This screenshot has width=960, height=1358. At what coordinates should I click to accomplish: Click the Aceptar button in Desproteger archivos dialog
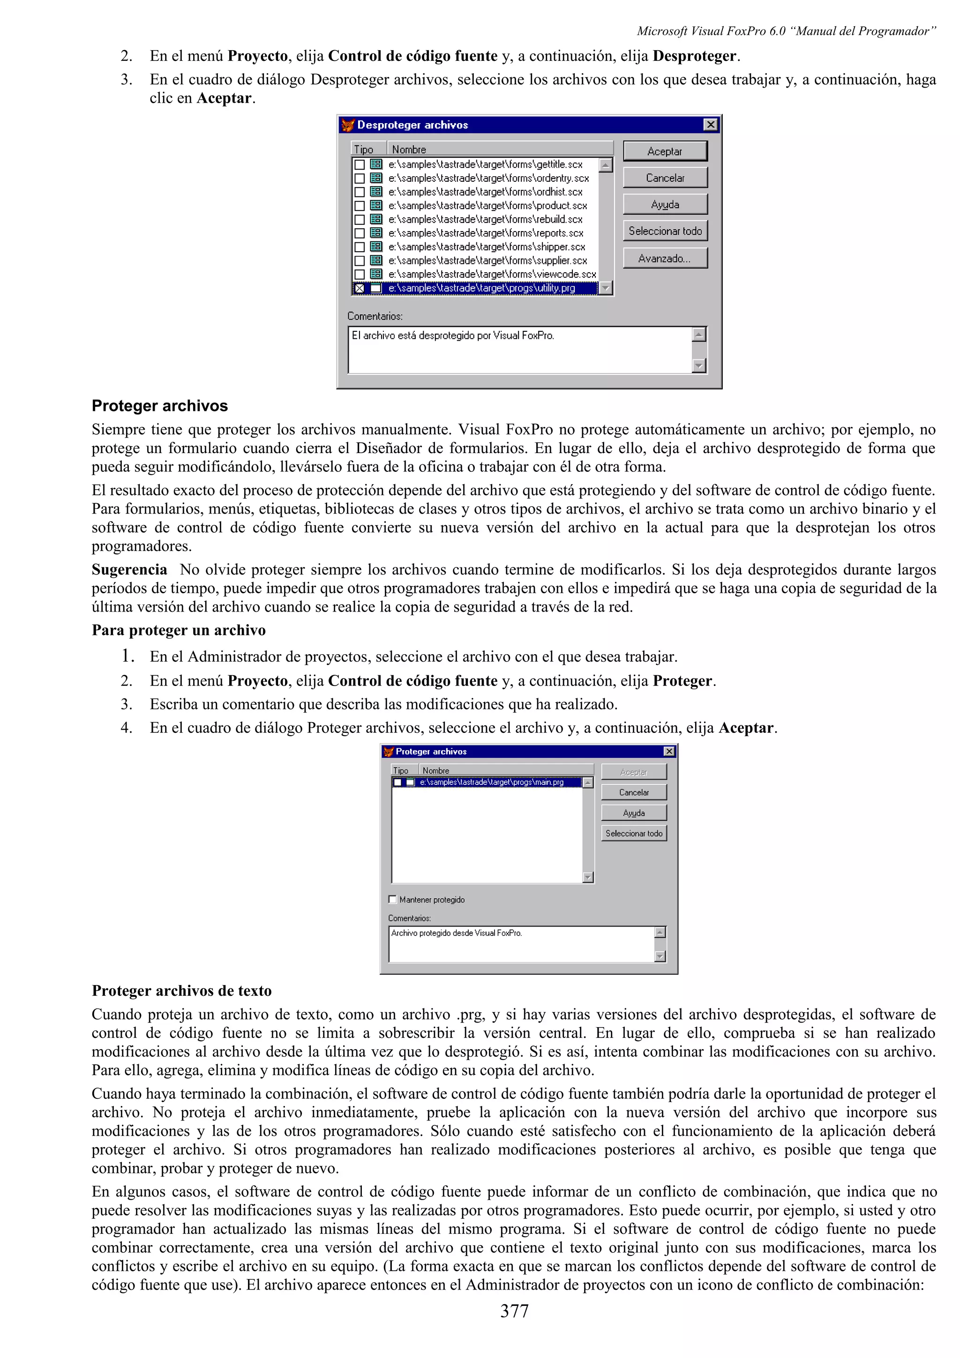tap(665, 151)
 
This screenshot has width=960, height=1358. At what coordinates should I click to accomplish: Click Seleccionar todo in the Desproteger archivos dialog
tap(665, 231)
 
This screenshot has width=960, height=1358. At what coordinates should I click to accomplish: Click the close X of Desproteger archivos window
tap(710, 125)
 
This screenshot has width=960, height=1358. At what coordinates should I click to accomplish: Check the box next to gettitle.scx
tap(359, 164)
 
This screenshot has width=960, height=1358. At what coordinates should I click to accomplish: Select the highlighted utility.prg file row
tap(481, 288)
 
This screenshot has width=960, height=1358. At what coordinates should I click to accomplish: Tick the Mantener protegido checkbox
tap(392, 899)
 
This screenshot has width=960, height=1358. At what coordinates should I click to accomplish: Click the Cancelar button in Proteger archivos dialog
tap(633, 792)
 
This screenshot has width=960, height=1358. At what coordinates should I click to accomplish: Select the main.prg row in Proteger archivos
tap(491, 782)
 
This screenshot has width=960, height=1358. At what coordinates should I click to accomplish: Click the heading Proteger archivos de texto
tap(181, 990)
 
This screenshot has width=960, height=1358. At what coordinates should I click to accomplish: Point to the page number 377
tap(514, 1311)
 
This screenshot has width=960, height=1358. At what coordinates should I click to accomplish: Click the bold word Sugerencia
tap(129, 569)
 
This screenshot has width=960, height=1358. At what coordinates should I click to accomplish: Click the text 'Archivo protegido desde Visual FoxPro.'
tap(456, 933)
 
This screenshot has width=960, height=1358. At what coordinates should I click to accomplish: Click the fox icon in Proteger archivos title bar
tap(388, 751)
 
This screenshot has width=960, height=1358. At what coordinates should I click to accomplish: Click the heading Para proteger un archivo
tap(179, 630)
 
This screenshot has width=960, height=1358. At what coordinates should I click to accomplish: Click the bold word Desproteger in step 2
tap(694, 56)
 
